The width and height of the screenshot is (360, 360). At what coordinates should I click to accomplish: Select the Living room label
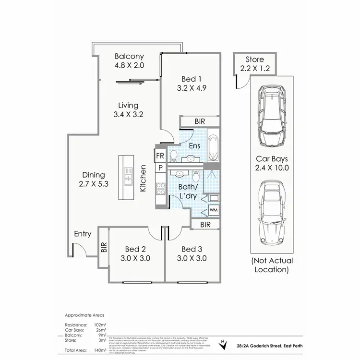click(x=126, y=105)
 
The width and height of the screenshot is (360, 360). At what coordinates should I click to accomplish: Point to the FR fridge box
click(x=159, y=156)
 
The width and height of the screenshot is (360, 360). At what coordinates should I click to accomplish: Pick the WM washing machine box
click(x=213, y=210)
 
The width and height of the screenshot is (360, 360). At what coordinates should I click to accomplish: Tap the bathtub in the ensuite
click(x=213, y=147)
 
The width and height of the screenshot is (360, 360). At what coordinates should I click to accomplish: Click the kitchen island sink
click(x=128, y=176)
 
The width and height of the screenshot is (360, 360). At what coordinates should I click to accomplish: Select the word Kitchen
click(x=143, y=179)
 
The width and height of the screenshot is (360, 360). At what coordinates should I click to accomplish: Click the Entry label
click(x=83, y=234)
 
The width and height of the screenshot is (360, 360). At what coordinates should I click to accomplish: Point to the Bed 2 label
click(x=135, y=249)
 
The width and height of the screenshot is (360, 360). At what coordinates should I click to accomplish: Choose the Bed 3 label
click(x=192, y=249)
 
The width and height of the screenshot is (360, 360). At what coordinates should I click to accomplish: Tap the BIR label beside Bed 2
click(x=104, y=247)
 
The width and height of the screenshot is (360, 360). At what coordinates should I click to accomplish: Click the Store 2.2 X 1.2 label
click(x=255, y=64)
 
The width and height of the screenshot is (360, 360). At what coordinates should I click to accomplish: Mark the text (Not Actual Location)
click(x=272, y=265)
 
